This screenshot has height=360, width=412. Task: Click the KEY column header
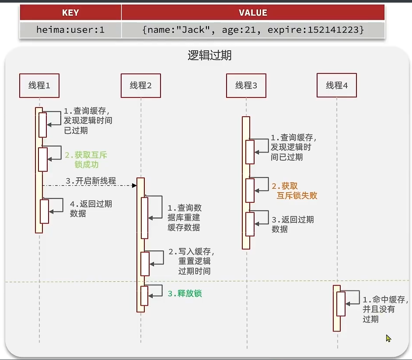pyautogui.click(x=70, y=12)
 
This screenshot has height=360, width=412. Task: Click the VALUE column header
pyautogui.click(x=253, y=12)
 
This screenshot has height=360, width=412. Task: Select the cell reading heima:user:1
pyautogui.click(x=70, y=30)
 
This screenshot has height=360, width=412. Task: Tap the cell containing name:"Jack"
pyautogui.click(x=253, y=30)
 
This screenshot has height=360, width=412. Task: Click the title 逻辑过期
pyautogui.click(x=209, y=55)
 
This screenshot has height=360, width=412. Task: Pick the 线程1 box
pyautogui.click(x=39, y=86)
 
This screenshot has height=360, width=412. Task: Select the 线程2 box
pyautogui.click(x=141, y=86)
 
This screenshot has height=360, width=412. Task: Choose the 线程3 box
pyautogui.click(x=246, y=86)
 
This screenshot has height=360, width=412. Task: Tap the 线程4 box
pyautogui.click(x=337, y=85)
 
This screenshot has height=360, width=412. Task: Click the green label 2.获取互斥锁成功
pyautogui.click(x=86, y=159)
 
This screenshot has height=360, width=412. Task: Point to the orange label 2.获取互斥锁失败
pyautogui.click(x=294, y=191)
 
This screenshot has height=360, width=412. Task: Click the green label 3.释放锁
pyautogui.click(x=185, y=293)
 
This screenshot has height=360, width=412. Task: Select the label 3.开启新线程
pyautogui.click(x=91, y=181)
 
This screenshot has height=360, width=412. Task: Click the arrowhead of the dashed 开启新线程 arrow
pyautogui.click(x=134, y=186)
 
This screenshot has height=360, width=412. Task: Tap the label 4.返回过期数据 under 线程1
pyautogui.click(x=91, y=208)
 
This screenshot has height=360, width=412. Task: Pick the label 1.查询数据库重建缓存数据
pyautogui.click(x=185, y=218)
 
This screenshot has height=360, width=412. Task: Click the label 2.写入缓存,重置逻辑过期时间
pyautogui.click(x=191, y=261)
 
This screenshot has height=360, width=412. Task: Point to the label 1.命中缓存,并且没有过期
pyautogui.click(x=385, y=309)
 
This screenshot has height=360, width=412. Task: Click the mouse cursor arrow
pyautogui.click(x=388, y=338)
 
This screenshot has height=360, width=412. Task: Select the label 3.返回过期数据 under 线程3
pyautogui.click(x=293, y=224)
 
